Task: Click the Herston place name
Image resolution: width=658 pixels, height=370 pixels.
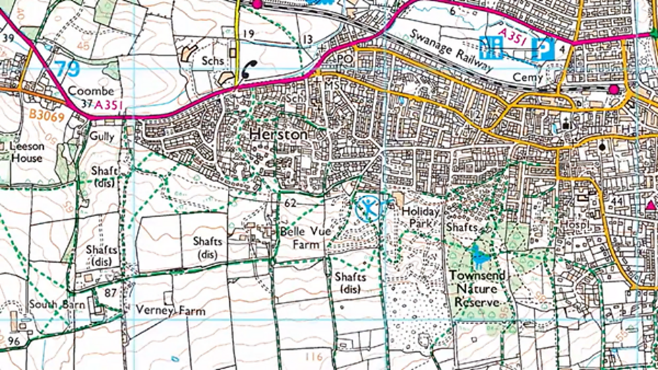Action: click(x=278, y=134)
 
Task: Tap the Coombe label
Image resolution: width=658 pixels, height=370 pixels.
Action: click(x=86, y=91)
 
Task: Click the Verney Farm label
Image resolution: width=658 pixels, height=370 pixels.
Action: click(x=170, y=311)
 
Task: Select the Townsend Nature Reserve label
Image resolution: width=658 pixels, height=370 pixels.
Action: click(x=478, y=289)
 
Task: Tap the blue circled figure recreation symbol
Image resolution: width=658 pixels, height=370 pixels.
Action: click(x=368, y=208)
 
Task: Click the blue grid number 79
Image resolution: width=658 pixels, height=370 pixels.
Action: click(x=67, y=69)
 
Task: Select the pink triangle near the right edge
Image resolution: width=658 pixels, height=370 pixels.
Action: click(x=651, y=205)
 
